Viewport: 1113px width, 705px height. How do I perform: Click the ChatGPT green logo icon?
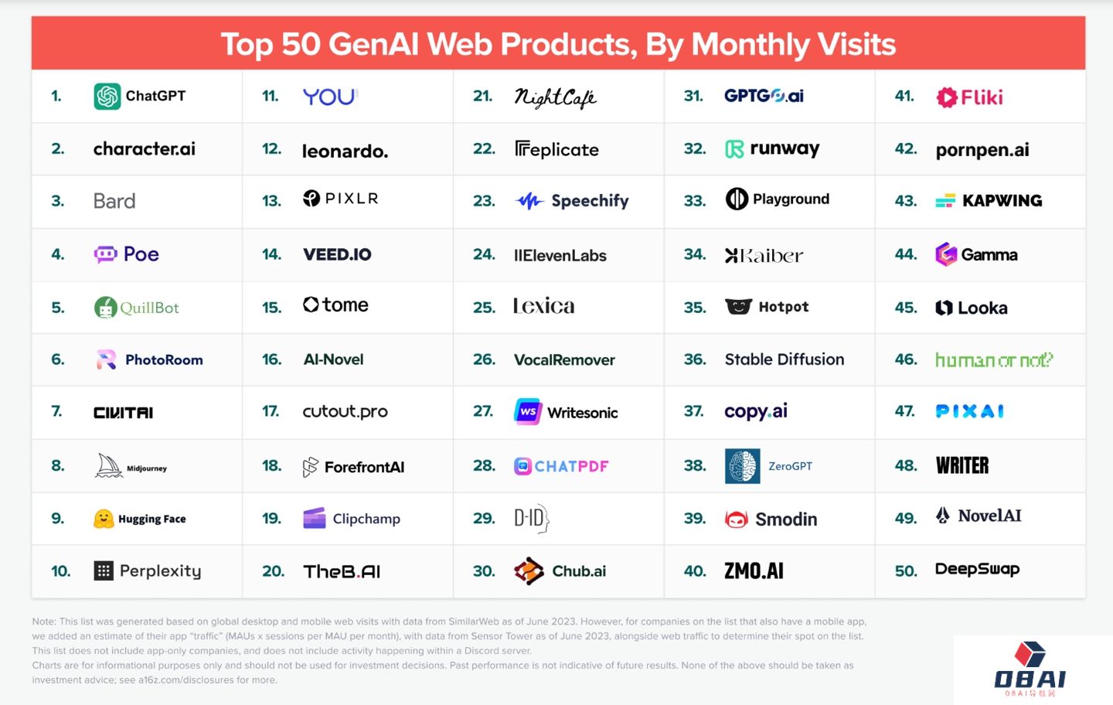click(x=107, y=97)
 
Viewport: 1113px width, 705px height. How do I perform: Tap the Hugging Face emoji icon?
click(x=104, y=519)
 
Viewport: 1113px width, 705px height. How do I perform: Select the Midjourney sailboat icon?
click(x=109, y=466)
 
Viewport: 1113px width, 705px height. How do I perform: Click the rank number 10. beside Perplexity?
click(x=60, y=571)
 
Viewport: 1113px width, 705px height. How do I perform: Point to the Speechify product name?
click(x=590, y=201)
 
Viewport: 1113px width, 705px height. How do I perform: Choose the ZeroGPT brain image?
click(x=742, y=466)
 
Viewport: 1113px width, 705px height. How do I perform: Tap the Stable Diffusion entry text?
click(x=784, y=359)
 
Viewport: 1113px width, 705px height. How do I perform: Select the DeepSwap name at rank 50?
click(x=977, y=570)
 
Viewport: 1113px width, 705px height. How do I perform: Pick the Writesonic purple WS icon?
click(x=528, y=412)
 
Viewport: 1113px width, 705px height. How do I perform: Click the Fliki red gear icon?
click(x=947, y=97)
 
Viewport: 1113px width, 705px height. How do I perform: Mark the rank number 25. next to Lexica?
click(x=484, y=308)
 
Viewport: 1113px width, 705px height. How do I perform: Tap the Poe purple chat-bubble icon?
click(x=105, y=254)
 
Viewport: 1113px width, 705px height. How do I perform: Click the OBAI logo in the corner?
click(x=1030, y=669)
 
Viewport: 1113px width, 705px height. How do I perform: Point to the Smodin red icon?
click(x=737, y=519)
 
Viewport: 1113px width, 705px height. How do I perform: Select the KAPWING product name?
click(x=1002, y=201)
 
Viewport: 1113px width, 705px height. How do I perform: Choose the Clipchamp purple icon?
click(x=314, y=519)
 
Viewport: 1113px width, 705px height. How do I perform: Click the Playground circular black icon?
click(x=737, y=199)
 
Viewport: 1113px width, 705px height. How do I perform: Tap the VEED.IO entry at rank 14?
click(x=337, y=254)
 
